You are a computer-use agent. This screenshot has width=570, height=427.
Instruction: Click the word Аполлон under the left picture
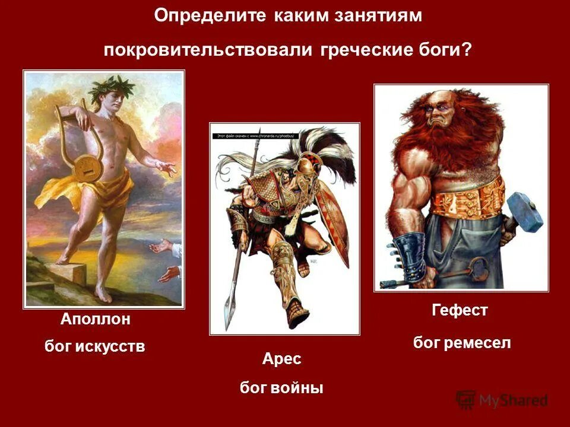coord(95,320)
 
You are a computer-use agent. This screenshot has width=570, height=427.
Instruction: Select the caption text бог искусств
coord(95,346)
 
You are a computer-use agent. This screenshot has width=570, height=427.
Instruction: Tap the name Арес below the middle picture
coord(281,359)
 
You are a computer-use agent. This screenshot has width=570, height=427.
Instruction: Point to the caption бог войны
coord(281,388)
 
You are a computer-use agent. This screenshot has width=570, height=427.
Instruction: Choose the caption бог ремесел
coord(461,342)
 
